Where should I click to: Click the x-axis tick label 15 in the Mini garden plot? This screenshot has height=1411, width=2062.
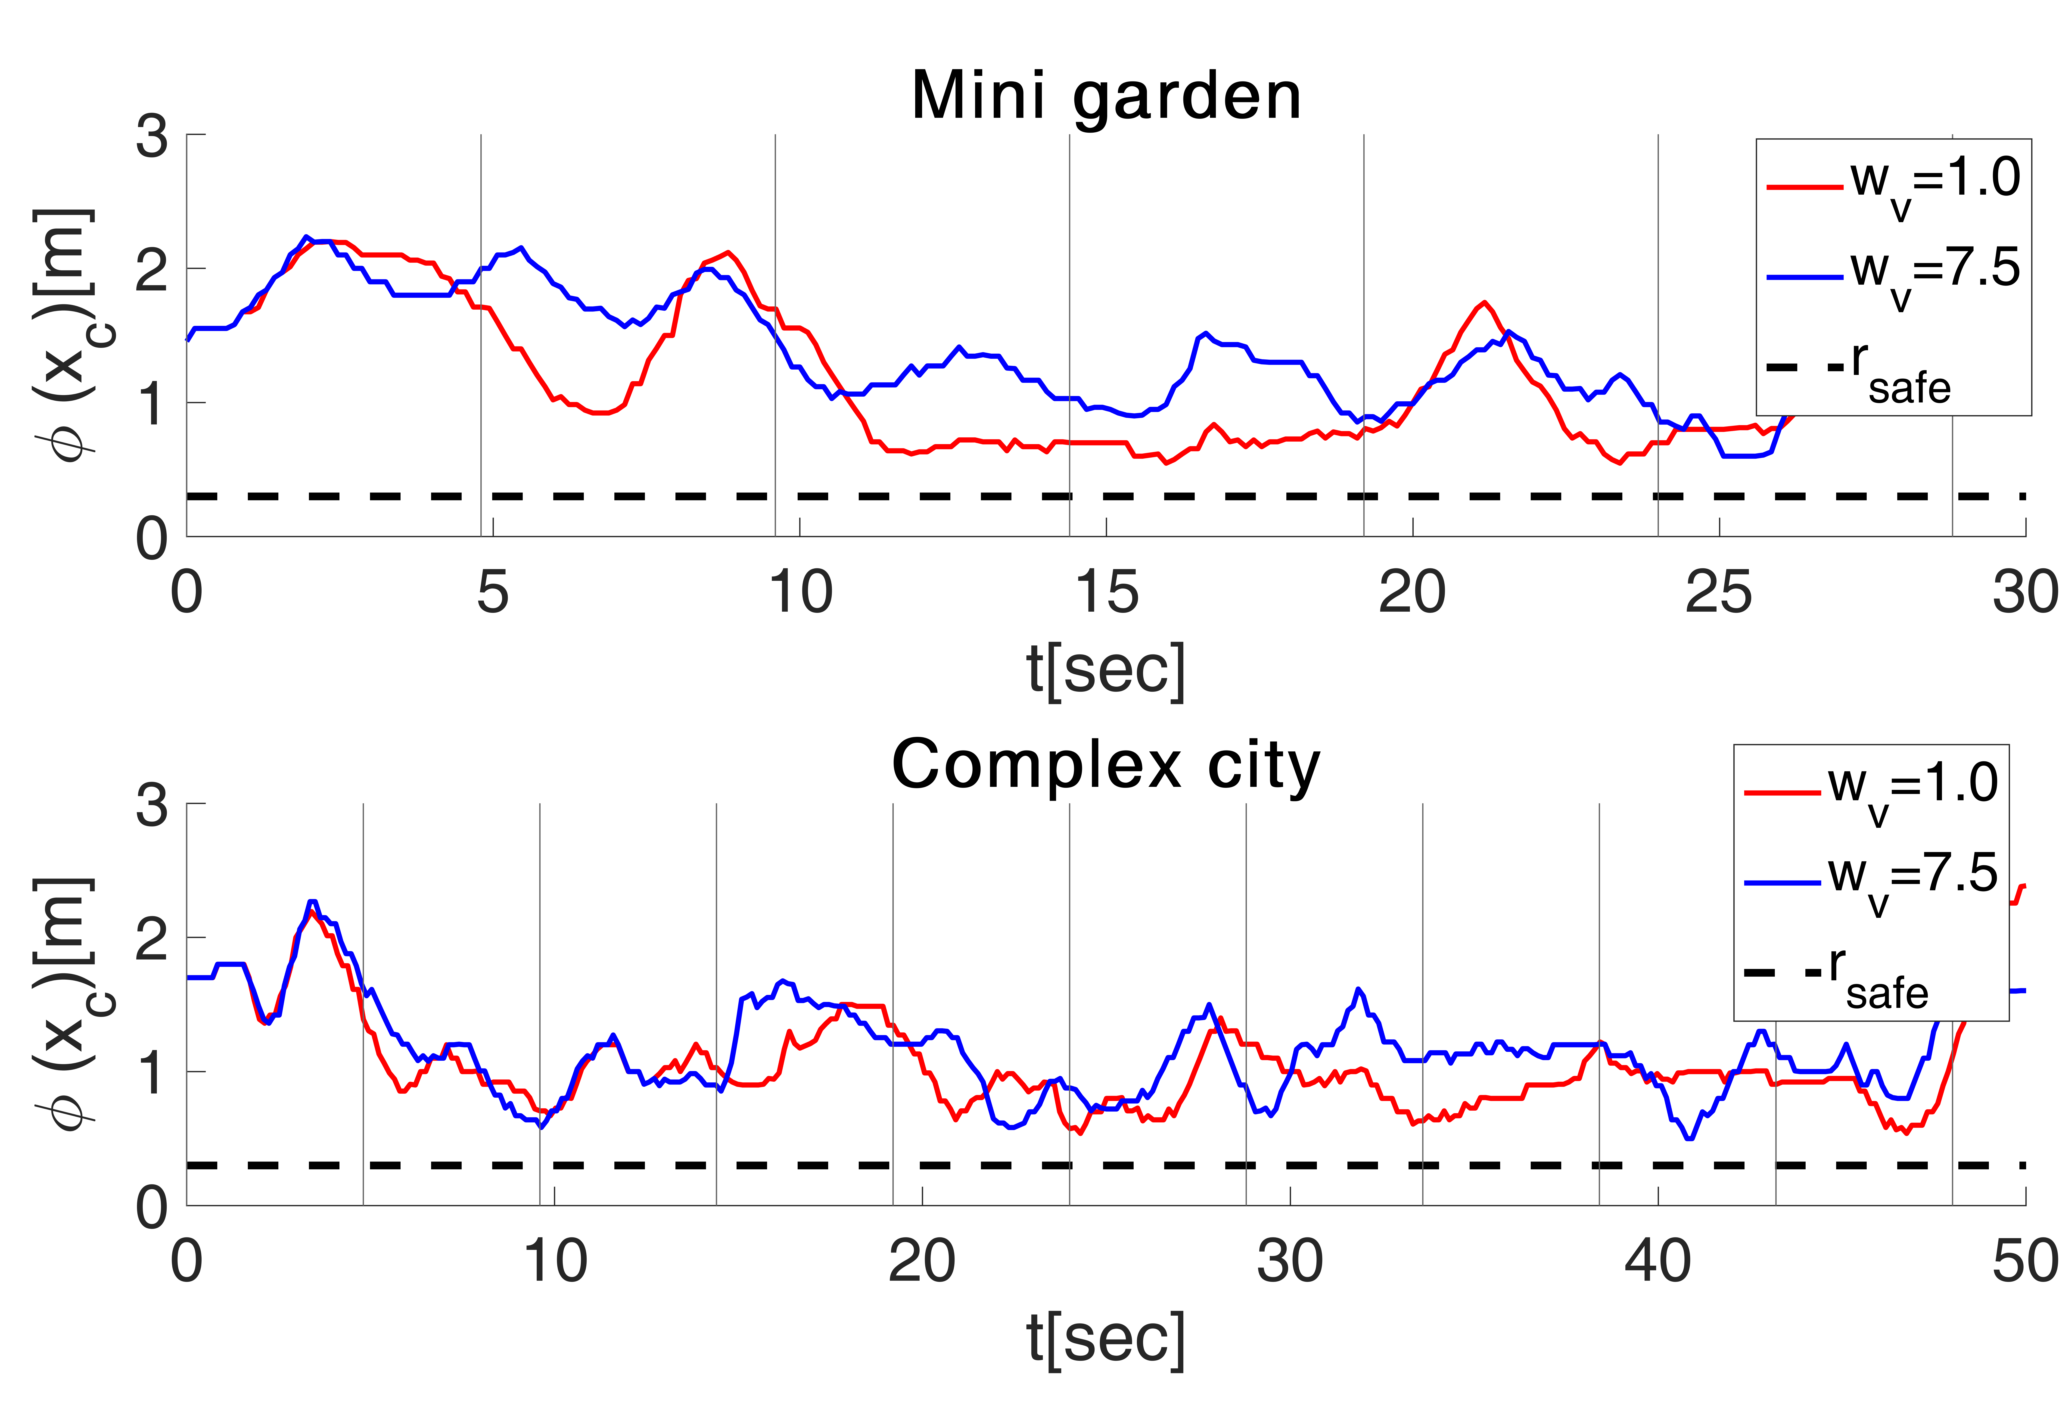point(1106,593)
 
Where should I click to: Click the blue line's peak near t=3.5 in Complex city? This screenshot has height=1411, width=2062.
point(311,902)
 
